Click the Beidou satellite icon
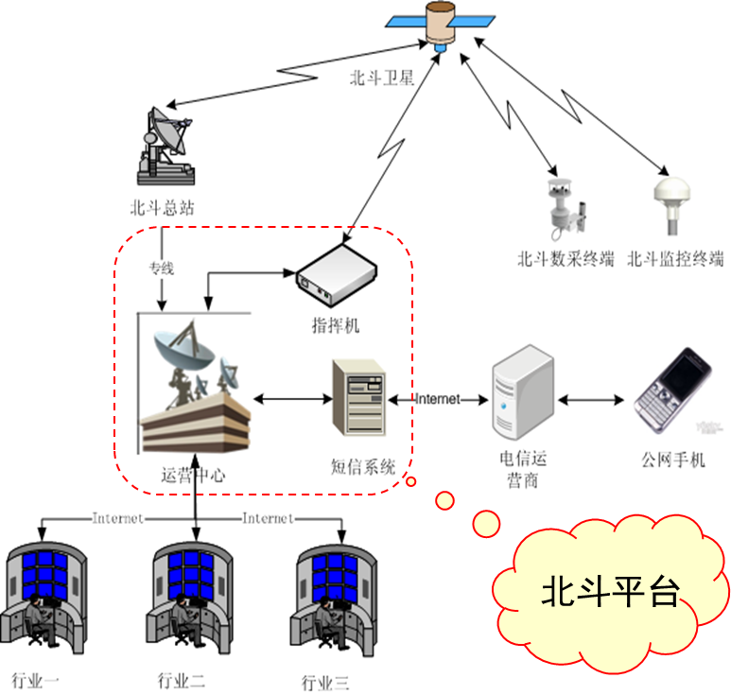[440, 24]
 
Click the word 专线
[161, 269]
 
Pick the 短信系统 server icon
[358, 398]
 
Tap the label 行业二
[182, 680]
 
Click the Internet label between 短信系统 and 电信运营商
[438, 399]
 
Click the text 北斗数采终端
[566, 258]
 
